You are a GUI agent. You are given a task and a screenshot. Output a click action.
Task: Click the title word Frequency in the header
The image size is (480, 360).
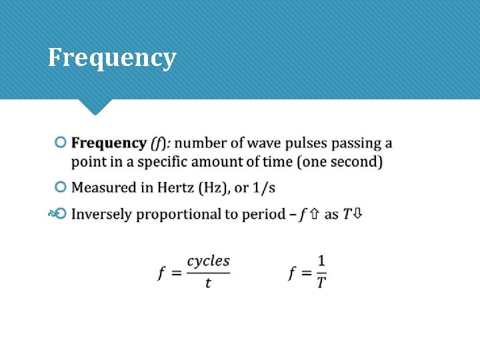112,59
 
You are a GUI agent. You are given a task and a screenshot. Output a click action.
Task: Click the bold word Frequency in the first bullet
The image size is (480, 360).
109,143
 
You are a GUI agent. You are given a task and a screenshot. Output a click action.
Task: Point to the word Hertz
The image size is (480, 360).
175,188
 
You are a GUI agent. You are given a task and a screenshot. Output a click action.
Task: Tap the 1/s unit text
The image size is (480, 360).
263,188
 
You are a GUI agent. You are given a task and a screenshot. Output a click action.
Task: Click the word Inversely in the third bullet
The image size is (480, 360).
101,214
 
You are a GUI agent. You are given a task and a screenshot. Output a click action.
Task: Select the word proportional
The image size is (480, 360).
176,214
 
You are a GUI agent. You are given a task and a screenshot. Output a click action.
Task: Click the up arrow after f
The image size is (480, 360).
313,214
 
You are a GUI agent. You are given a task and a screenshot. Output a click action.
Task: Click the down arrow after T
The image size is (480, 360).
358,214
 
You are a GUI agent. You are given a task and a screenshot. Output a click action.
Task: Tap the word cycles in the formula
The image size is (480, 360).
208,261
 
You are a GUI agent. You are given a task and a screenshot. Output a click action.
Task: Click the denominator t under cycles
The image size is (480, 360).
208,283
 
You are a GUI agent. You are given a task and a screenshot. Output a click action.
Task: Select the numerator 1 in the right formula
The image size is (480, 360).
321,261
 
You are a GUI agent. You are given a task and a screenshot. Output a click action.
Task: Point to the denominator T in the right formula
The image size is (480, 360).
321,283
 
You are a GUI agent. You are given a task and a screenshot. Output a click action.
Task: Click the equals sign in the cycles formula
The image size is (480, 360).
177,273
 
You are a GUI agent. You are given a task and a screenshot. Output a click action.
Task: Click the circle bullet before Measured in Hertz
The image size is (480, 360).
61,187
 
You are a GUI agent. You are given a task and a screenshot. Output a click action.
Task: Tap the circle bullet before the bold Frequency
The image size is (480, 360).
61,143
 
